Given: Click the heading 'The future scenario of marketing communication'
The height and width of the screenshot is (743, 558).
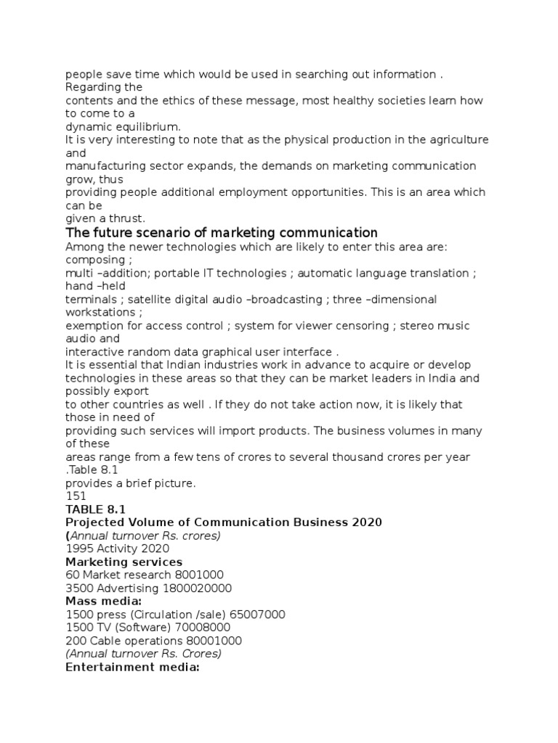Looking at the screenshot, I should tap(222, 233).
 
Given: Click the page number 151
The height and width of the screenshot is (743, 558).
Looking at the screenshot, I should tap(76, 496).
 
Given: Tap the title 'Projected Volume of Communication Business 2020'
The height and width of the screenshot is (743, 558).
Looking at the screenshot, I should tap(224, 522).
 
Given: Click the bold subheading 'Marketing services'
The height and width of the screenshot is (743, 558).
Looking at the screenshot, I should tap(124, 562).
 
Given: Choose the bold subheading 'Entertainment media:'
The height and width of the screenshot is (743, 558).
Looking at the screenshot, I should tap(132, 667).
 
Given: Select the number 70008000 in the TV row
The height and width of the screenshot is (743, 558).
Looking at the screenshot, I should tap(205, 628).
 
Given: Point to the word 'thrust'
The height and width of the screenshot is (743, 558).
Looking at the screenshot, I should tap(130, 218).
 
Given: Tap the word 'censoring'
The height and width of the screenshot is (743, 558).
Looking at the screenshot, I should tap(363, 325).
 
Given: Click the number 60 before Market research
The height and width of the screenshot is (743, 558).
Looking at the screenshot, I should tap(72, 575).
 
